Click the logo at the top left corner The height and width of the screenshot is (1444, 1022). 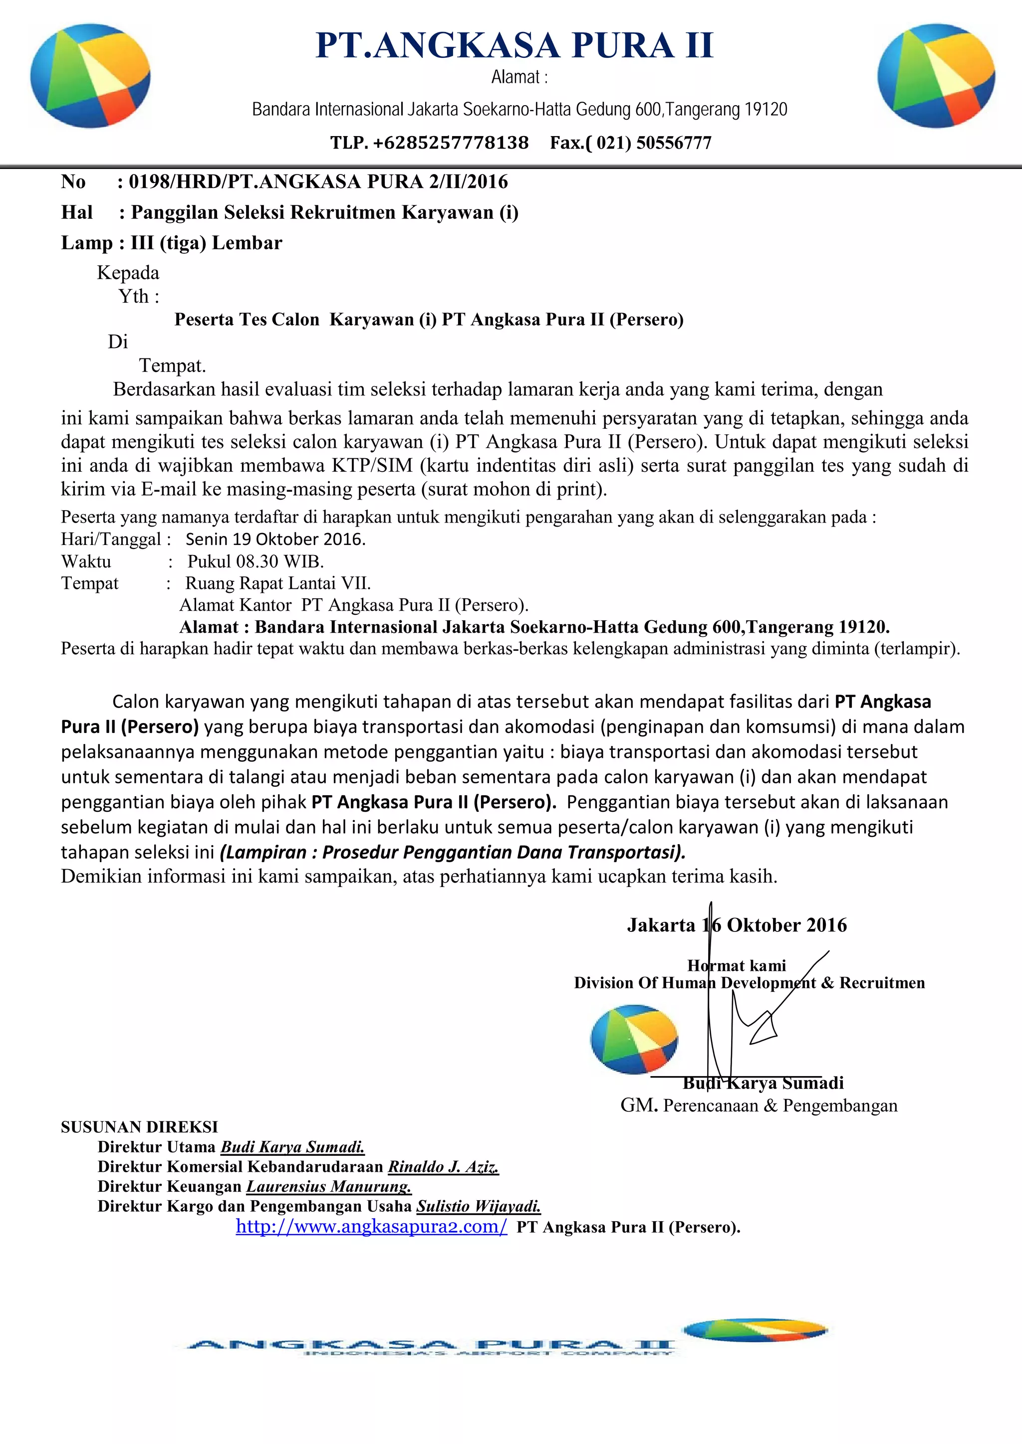90,75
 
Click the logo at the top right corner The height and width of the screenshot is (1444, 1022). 936,75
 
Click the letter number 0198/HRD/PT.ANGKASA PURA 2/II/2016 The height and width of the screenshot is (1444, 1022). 318,182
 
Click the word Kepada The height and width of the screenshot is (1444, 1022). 128,273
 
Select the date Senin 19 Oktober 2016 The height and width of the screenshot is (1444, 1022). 275,539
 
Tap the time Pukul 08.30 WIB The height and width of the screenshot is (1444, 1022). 255,561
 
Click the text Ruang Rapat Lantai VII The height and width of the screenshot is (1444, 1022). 277,583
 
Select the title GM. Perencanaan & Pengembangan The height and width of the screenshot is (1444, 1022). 759,1105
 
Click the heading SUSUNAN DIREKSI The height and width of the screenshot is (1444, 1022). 139,1126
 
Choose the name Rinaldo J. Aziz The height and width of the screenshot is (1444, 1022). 443,1167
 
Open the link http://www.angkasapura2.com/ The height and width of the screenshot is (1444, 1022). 371,1227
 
